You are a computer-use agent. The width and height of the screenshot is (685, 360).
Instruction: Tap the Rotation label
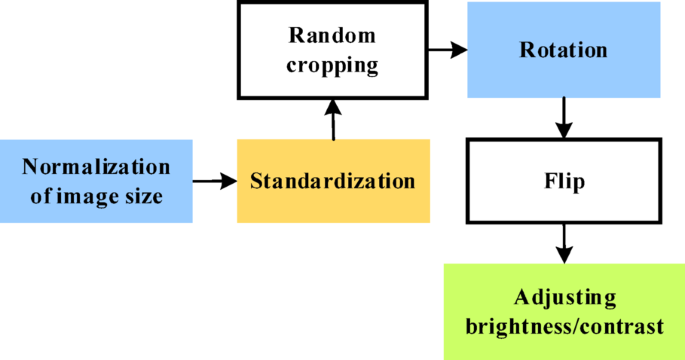pos(563,49)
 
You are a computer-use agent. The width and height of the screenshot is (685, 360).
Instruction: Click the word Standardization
pos(332,182)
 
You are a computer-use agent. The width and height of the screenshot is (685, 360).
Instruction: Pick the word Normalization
pos(96,166)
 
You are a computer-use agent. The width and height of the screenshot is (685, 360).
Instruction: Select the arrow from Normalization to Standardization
pos(214,182)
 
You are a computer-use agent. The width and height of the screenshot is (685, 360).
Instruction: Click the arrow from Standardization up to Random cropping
pos(334,124)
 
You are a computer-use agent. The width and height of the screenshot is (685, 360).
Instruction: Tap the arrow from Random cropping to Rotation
pos(451,48)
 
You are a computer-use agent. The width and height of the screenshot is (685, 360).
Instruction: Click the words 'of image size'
pos(96,196)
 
